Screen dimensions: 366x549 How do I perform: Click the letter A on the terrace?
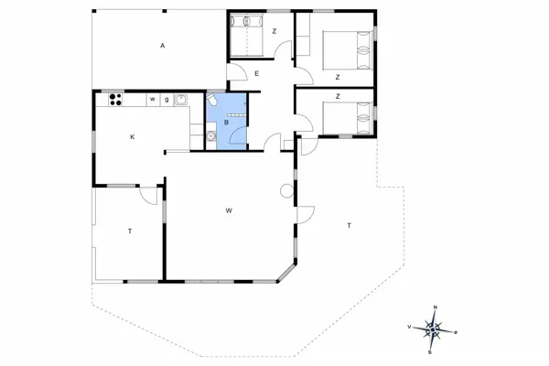[162, 46]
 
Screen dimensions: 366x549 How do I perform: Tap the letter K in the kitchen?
[133, 136]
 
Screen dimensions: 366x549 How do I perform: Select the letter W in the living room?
[228, 210]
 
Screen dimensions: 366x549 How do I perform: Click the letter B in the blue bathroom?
[226, 122]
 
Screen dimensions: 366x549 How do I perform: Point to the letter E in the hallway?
[258, 73]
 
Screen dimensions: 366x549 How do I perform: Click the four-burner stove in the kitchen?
[114, 99]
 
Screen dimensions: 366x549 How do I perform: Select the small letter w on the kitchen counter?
[153, 99]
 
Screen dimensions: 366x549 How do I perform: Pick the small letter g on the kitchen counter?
[166, 99]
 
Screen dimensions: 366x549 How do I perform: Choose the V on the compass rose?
[408, 326]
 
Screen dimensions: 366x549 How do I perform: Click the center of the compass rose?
[432, 328]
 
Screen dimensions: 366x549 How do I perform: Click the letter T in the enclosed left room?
[130, 231]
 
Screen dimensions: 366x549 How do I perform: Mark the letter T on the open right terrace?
[349, 225]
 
